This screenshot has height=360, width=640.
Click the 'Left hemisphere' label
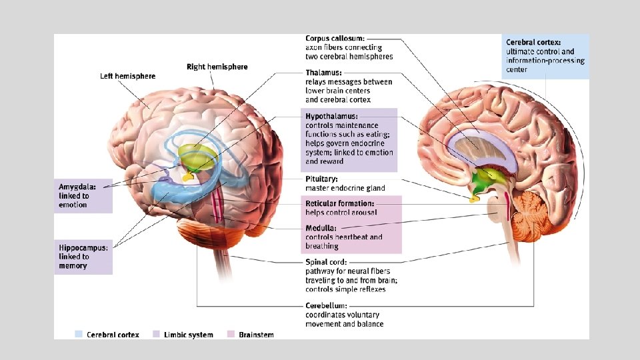point(127,76)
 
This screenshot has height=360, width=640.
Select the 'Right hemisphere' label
point(217,67)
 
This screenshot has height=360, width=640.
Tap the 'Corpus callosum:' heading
point(335,39)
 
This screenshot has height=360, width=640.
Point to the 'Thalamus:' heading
point(324,73)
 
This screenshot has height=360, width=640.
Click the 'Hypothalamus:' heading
point(331,116)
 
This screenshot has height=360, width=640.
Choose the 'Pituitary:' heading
point(321,179)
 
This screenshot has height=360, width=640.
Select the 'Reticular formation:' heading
point(340,203)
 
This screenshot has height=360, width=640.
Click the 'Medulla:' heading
point(321,228)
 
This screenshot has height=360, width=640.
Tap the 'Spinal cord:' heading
point(326,262)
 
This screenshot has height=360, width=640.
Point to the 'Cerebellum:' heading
point(326,306)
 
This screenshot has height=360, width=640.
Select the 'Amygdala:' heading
point(77,187)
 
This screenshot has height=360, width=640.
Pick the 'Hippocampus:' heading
point(83,247)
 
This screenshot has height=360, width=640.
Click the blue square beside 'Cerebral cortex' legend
point(79,335)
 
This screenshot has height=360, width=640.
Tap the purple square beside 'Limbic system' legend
point(156,335)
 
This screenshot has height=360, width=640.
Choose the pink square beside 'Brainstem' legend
point(231,335)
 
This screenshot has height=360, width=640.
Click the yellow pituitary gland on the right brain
point(475,198)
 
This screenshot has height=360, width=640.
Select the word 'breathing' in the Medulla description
point(322,246)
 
